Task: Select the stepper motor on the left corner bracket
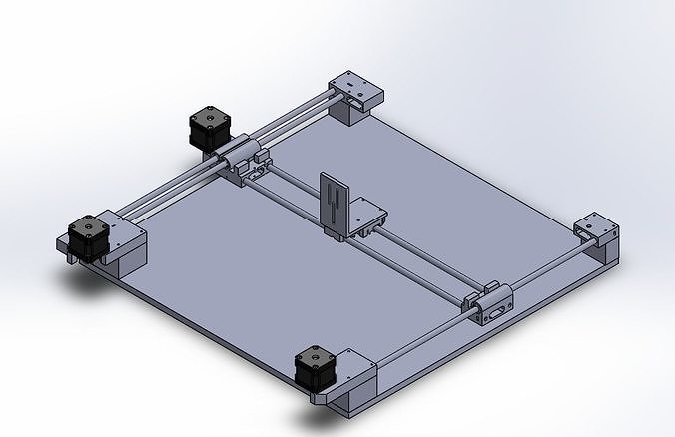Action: click(88, 239)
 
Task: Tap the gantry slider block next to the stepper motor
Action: click(244, 160)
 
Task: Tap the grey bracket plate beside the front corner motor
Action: click(355, 367)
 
